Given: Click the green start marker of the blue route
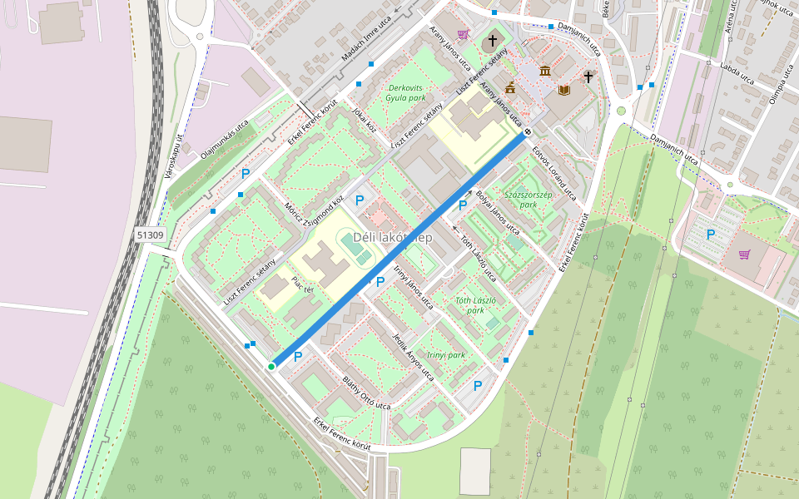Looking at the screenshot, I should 271,366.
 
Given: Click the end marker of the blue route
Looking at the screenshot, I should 528,132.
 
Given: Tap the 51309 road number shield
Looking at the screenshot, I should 151,235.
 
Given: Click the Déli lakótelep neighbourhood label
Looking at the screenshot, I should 393,237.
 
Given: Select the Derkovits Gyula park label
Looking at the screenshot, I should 405,92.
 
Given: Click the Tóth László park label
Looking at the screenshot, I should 476,304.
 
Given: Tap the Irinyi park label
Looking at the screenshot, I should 445,354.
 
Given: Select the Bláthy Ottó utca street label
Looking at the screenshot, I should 366,393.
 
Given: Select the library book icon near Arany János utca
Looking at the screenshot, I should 564,89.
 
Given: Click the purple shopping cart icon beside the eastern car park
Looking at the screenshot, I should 744,254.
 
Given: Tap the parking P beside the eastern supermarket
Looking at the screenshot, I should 710,235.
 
